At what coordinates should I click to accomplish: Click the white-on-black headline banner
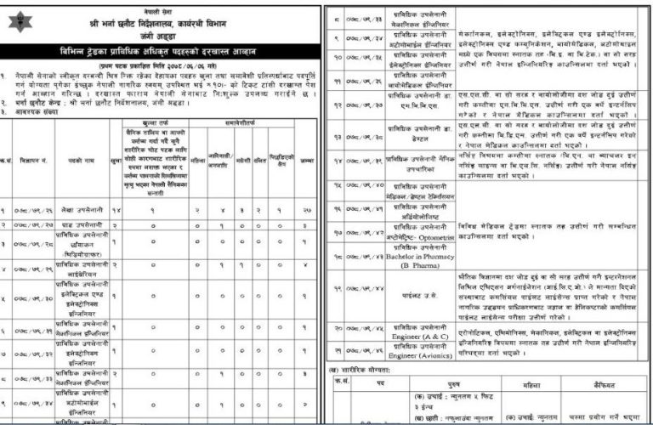(162, 54)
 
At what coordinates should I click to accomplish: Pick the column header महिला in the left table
(197, 158)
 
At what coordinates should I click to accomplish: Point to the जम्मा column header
(307, 158)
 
